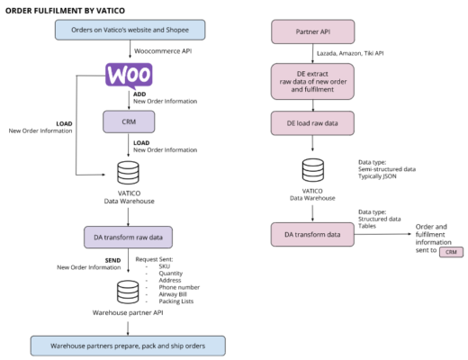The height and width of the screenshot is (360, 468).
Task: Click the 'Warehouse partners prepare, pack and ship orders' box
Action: click(x=127, y=345)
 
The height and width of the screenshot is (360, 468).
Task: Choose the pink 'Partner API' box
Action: click(x=311, y=31)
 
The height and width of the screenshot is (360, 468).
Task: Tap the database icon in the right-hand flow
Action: click(x=312, y=168)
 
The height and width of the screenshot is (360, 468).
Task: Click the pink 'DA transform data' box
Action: click(x=312, y=234)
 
